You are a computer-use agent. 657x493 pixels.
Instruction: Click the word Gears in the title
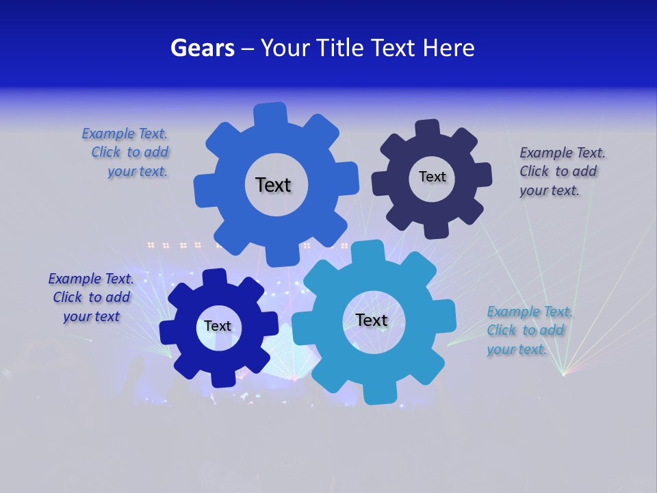point(202,48)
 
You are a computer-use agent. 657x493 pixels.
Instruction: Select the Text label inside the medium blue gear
point(273,185)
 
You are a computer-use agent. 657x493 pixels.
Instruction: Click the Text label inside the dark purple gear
point(432,177)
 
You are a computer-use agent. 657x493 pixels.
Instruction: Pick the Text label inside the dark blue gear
point(217,326)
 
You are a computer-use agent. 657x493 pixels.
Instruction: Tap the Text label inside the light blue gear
point(372,320)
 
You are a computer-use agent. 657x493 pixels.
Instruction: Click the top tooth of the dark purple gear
point(428,129)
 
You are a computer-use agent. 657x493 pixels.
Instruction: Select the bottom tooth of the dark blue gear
point(220,377)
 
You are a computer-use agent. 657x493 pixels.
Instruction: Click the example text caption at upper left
point(127,153)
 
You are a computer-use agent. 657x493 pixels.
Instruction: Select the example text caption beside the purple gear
point(558,171)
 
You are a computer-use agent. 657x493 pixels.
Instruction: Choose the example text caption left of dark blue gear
point(91,297)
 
